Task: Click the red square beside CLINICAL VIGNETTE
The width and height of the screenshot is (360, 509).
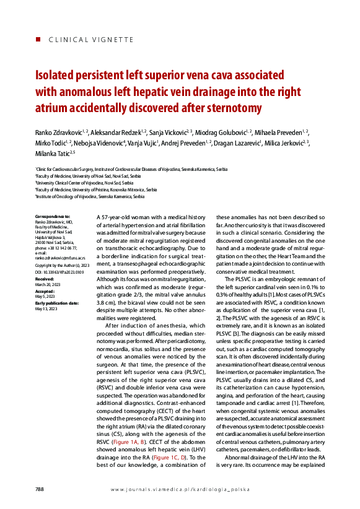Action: tap(38, 40)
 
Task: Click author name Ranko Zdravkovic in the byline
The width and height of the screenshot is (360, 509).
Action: tap(60, 133)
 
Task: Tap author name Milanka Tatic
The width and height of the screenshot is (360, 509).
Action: tap(53, 153)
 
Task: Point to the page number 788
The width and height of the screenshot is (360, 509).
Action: tap(40, 489)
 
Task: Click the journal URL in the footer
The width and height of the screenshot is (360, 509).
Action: tap(180, 490)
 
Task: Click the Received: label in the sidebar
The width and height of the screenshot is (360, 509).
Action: tap(45, 279)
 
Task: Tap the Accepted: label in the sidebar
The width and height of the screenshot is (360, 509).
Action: tap(45, 290)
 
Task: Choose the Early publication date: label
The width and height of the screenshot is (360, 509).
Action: tap(56, 302)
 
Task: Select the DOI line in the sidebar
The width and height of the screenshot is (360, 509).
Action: tap(59, 272)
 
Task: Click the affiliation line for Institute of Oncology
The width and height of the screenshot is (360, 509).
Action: tap(90, 196)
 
